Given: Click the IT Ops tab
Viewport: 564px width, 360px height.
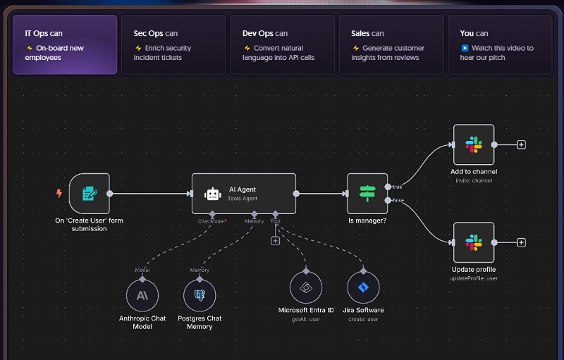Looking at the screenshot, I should (65, 44).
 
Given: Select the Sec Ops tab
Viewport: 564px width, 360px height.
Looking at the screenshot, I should (173, 44).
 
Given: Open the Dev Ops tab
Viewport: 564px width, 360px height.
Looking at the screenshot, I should (282, 44).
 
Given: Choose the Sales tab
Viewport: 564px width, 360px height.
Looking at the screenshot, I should (391, 44).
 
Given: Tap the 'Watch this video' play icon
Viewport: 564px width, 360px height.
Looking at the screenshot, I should (465, 49).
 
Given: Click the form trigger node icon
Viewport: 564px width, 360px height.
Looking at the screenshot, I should (90, 193).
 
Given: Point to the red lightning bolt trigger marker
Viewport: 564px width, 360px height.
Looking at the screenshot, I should (59, 192).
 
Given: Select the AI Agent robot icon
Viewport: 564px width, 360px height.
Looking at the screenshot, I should (212, 194).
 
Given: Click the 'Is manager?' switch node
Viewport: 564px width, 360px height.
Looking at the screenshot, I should (367, 193).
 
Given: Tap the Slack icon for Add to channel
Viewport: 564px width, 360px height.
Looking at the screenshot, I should (473, 145).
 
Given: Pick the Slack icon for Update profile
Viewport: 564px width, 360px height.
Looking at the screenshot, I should (473, 243).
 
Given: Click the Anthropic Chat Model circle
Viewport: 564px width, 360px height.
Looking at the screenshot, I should (142, 294).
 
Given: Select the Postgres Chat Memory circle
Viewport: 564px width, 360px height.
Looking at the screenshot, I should (200, 294).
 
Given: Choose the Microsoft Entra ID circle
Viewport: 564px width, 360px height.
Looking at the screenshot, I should (306, 288).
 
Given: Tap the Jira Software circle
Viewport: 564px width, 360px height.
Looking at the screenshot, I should (363, 288).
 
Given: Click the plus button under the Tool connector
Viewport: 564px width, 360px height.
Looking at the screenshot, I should (275, 240).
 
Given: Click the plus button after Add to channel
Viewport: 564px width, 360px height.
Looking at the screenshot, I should (521, 144).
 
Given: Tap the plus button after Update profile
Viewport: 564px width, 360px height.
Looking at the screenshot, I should (521, 242).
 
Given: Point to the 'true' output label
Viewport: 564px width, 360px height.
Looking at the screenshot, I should (397, 187).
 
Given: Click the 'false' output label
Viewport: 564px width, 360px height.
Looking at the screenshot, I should (398, 201).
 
